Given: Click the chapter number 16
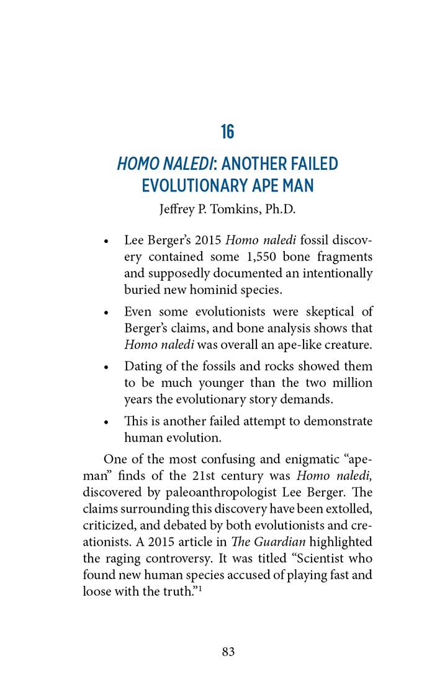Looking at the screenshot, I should point(227,132).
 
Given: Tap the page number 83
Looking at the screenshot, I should point(228,652).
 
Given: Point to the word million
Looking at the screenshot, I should point(352,383).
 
